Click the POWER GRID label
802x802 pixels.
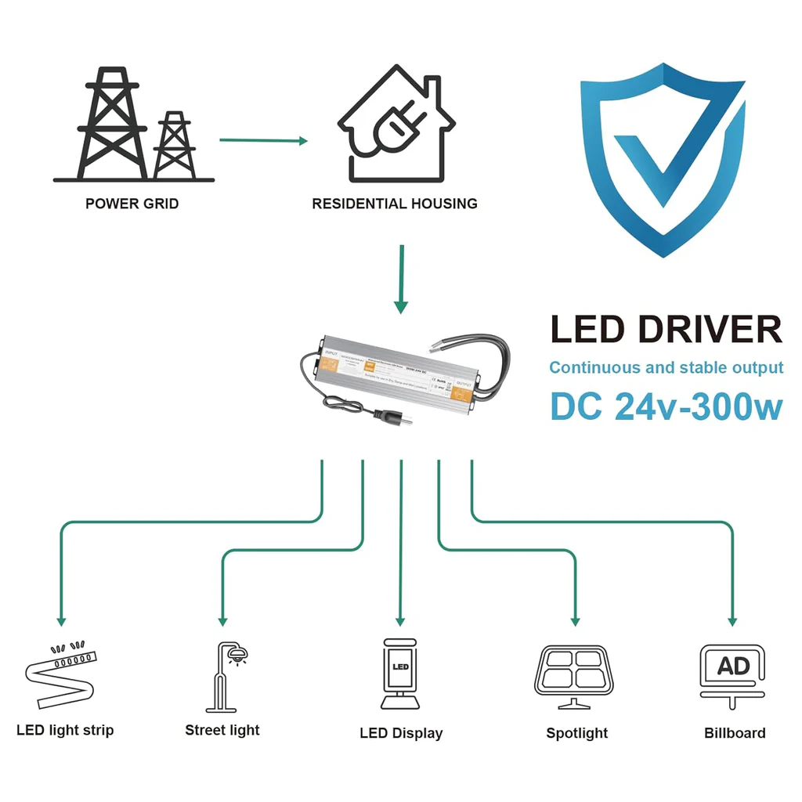click(x=132, y=204)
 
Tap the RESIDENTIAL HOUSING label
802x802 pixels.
click(x=394, y=204)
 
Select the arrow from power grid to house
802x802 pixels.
click(x=263, y=140)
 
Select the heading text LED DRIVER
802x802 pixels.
click(x=666, y=330)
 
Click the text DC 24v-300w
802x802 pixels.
click(x=666, y=406)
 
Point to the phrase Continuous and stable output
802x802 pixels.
click(x=666, y=367)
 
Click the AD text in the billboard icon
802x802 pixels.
click(x=733, y=667)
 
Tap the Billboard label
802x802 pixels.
click(x=734, y=733)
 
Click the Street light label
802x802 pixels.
click(x=222, y=730)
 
